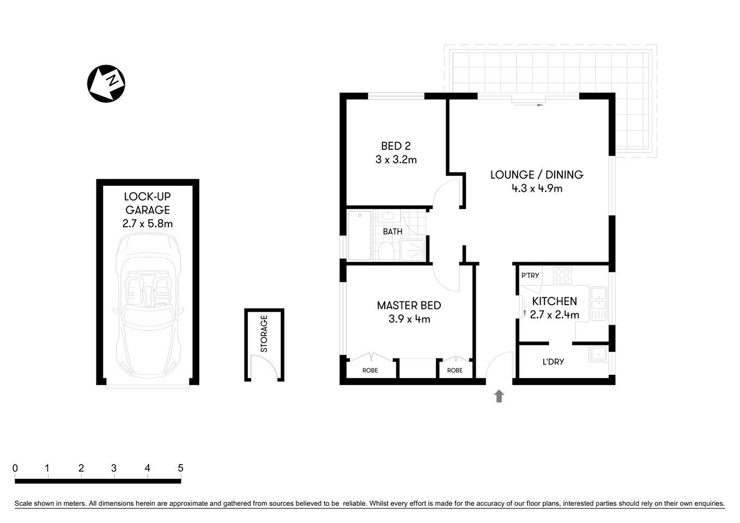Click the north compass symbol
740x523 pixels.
106,83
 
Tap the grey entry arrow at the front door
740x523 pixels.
499,396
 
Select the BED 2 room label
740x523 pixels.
396,146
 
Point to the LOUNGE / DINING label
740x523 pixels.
536,175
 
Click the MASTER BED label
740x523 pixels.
409,306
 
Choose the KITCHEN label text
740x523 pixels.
554,301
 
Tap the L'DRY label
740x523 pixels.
553,362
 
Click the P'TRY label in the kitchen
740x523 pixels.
530,275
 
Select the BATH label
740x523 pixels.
392,232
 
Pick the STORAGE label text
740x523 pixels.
264,333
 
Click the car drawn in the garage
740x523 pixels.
148,305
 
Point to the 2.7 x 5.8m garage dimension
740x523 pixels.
148,223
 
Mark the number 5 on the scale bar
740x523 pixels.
180,468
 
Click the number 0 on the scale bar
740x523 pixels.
15,468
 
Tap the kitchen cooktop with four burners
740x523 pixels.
562,275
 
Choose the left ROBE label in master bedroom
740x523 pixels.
370,370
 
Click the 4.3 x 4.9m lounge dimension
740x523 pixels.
536,189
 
